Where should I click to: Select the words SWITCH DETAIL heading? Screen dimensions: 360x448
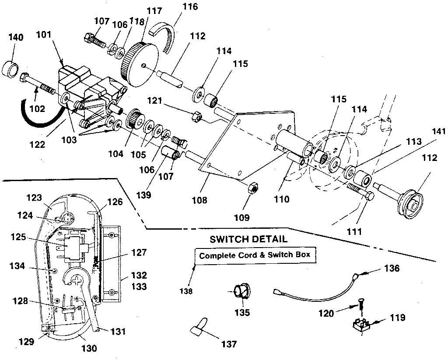pos(248,239)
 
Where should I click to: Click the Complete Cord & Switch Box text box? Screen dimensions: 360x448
pos(255,256)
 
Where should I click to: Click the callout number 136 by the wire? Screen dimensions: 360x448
pos(392,269)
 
